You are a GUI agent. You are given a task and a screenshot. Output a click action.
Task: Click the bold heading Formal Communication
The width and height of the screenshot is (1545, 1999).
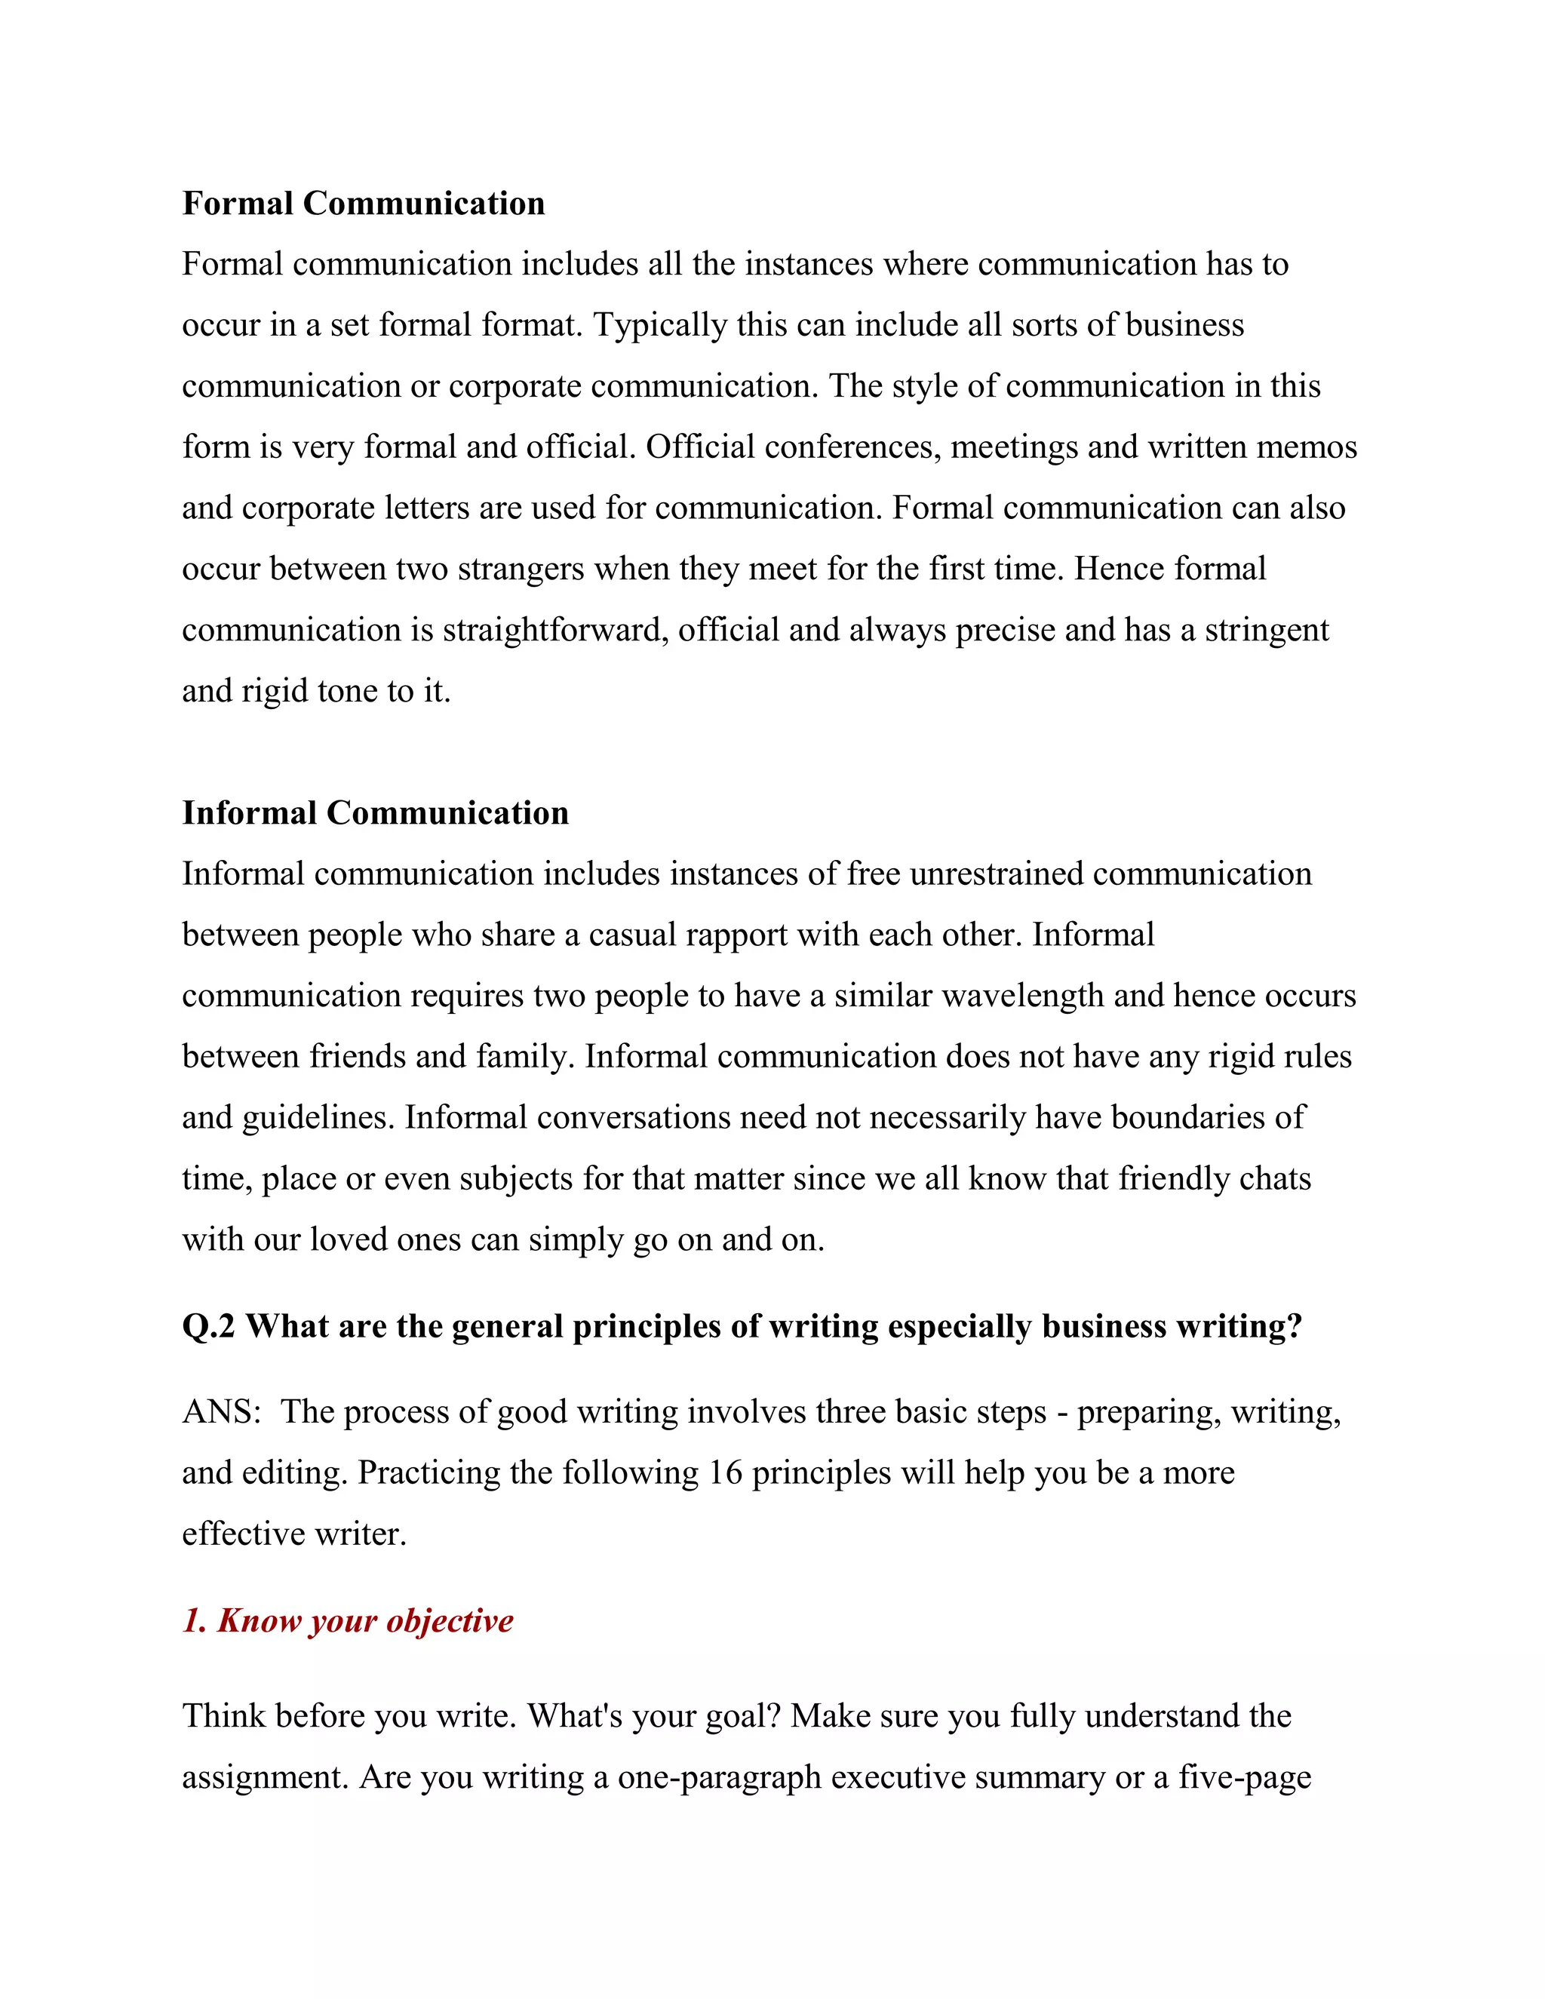[364, 203]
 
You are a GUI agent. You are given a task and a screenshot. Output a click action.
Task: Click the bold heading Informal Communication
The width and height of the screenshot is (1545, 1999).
[375, 812]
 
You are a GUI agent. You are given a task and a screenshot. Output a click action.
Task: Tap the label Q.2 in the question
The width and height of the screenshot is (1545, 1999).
[209, 1326]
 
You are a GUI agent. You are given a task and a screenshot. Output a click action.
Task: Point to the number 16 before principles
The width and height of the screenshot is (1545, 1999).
[725, 1472]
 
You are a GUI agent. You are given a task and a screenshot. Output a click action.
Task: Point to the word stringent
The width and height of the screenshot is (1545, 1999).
[1266, 630]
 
